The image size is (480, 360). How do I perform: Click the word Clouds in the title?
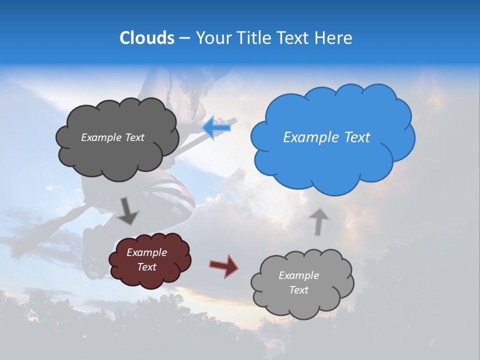[147, 38]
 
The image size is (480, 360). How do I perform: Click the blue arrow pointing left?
[216, 128]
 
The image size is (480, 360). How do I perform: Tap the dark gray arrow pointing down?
[128, 210]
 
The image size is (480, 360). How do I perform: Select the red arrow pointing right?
[224, 265]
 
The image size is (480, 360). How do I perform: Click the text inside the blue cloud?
[326, 137]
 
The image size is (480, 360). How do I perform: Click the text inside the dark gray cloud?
[112, 137]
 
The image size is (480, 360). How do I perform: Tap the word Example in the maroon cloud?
[146, 252]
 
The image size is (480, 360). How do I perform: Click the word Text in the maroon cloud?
[146, 267]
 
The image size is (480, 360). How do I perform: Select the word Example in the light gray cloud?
[298, 275]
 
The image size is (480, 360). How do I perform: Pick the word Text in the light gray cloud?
[298, 290]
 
